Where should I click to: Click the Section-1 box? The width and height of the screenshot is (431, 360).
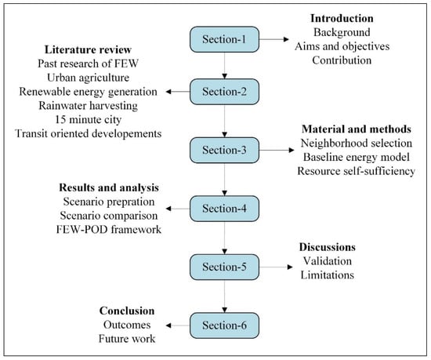(x=224, y=39)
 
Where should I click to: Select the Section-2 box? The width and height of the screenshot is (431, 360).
(x=224, y=92)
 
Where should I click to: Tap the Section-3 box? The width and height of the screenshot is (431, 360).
(x=224, y=150)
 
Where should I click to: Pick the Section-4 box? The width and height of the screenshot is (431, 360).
(x=224, y=209)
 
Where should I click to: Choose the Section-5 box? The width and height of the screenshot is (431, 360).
(x=224, y=267)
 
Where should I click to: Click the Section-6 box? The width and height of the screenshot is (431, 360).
(x=224, y=325)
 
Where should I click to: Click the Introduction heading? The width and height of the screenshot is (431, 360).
(x=342, y=18)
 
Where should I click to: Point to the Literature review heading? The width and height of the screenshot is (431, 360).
(x=88, y=49)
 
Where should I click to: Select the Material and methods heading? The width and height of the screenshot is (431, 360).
(x=357, y=129)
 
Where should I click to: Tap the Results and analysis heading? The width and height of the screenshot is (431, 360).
(x=109, y=187)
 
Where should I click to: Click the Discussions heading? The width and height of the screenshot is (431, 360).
(x=327, y=247)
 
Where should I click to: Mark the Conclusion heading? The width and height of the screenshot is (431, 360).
(x=127, y=311)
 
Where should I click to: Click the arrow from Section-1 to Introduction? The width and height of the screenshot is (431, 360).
(x=274, y=39)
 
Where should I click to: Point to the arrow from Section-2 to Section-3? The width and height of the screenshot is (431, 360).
(x=225, y=121)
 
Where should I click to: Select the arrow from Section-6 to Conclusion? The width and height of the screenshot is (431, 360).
(x=178, y=325)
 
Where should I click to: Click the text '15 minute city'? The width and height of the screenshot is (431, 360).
(x=89, y=120)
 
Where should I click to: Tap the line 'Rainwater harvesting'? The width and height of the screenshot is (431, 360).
(x=89, y=106)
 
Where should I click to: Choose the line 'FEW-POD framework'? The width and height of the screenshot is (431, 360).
(x=109, y=229)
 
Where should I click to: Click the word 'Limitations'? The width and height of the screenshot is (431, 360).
(x=327, y=275)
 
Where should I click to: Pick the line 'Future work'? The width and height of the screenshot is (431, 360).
(x=127, y=339)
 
